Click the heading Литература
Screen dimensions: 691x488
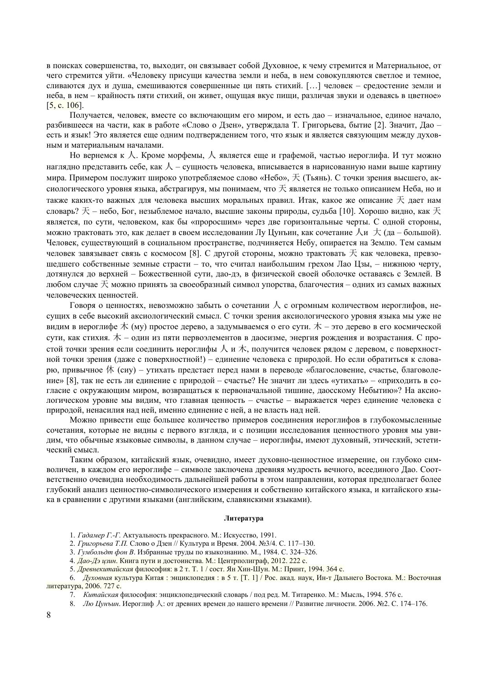pyautogui.click(x=244, y=518)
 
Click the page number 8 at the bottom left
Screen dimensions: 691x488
pyautogui.click(x=49, y=615)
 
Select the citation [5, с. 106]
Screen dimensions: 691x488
pyautogui.click(x=65, y=106)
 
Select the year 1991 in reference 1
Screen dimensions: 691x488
pyautogui.click(x=269, y=535)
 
